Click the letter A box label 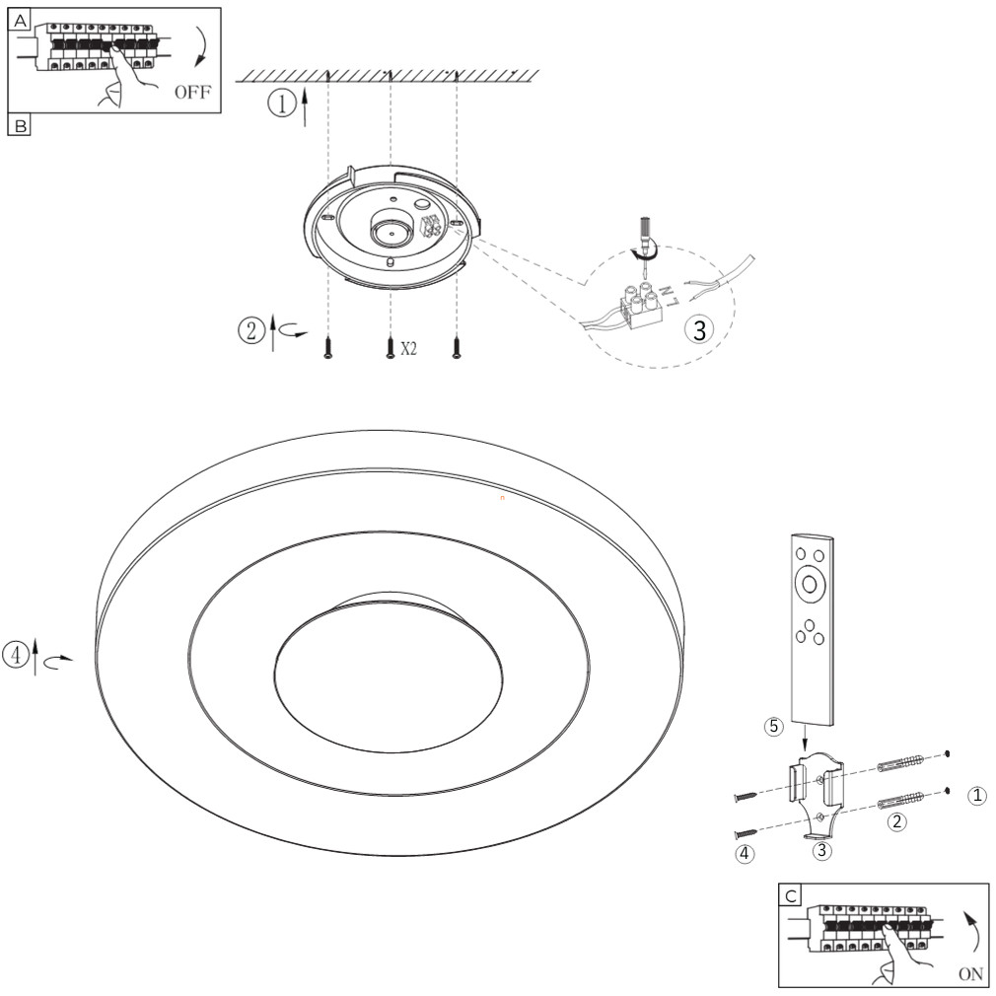[21, 21]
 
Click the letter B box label [21, 126]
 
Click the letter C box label [791, 896]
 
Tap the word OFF [192, 92]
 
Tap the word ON [970, 973]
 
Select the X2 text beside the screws [408, 348]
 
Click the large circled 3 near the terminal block [699, 329]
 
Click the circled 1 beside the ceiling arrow [281, 103]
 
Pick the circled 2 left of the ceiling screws [250, 331]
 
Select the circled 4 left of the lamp [16, 655]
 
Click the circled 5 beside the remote [774, 726]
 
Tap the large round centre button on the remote [810, 583]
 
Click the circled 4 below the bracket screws [746, 854]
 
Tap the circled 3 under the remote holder [822, 850]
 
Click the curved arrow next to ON [972, 933]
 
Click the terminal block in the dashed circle [639, 305]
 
